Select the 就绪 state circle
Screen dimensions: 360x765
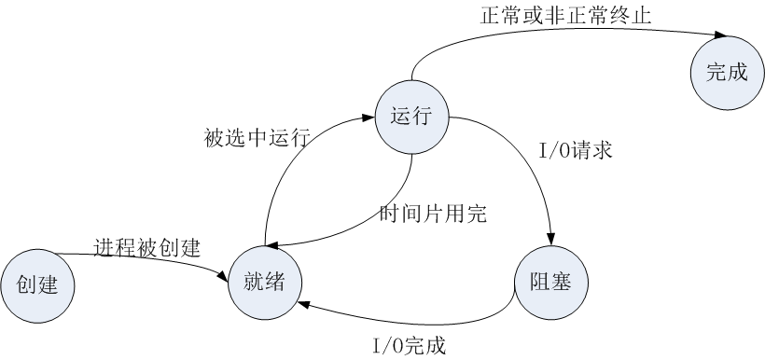click(x=265, y=281)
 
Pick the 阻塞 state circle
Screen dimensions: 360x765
click(x=551, y=282)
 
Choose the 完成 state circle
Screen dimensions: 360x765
click(x=727, y=72)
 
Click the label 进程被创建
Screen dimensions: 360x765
click(x=147, y=247)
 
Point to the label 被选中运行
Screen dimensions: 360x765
click(x=257, y=138)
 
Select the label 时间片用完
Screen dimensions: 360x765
click(x=433, y=214)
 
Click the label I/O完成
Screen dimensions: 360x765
click(x=409, y=346)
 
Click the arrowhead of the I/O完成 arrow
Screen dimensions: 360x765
click(x=302, y=303)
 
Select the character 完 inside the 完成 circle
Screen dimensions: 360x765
click(x=716, y=72)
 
